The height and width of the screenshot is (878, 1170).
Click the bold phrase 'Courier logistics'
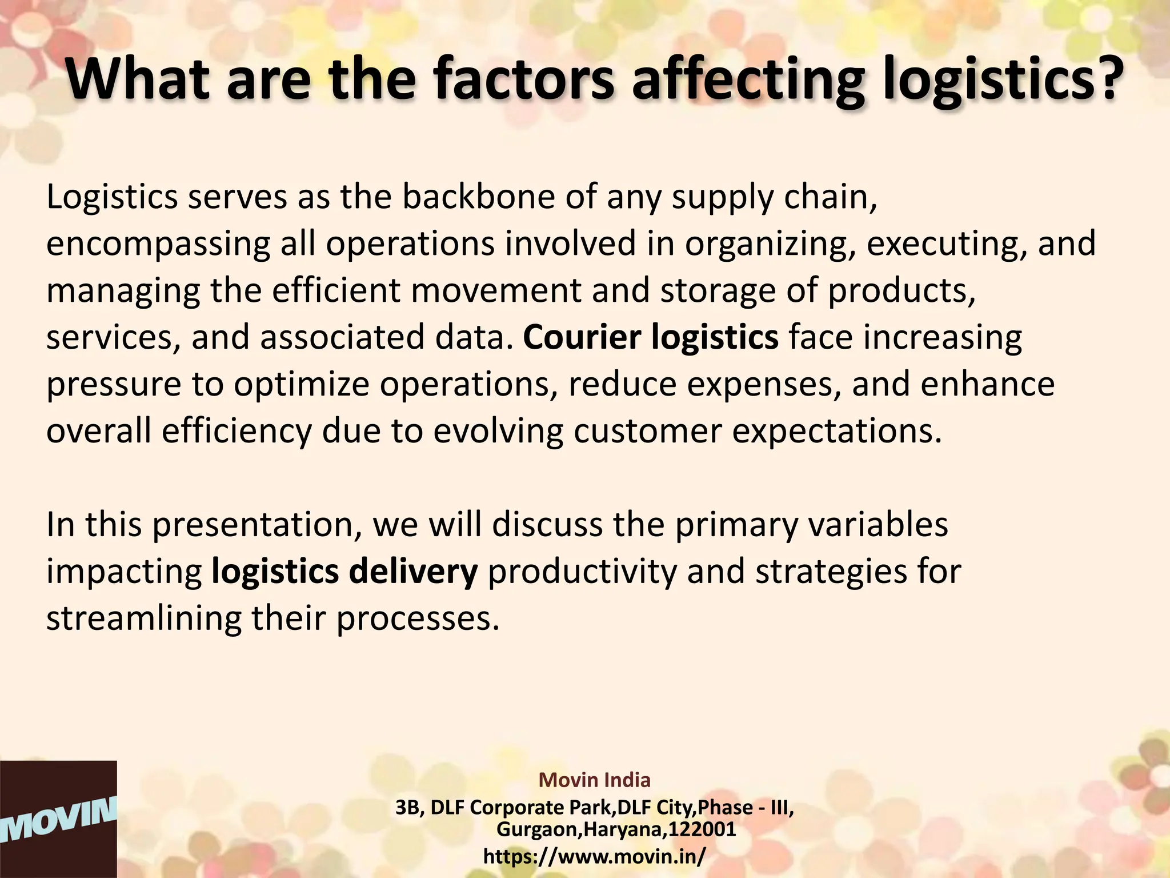(x=650, y=337)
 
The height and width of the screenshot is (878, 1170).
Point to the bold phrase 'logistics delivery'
(x=344, y=572)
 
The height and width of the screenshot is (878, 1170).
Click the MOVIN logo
(x=58, y=819)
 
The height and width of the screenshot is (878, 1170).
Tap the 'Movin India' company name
(x=594, y=780)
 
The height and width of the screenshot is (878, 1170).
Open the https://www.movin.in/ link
(x=594, y=856)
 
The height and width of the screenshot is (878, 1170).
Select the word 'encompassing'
(x=158, y=245)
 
